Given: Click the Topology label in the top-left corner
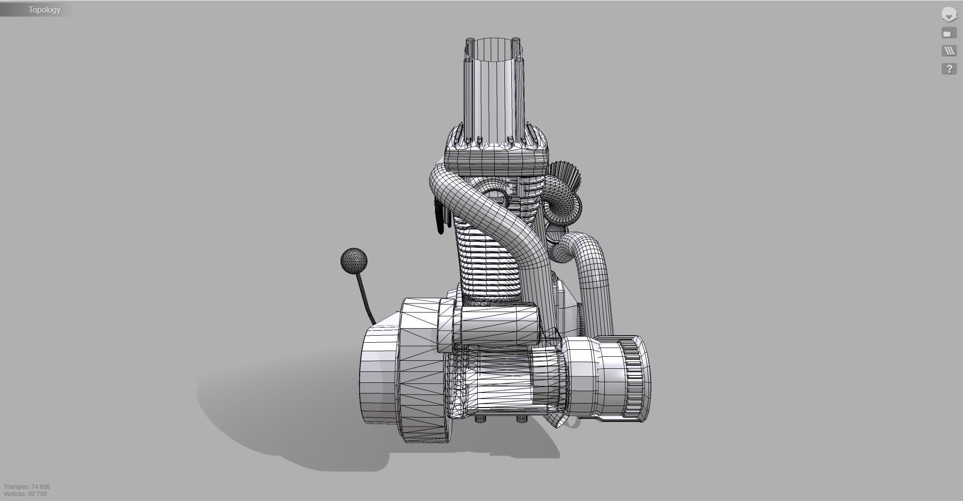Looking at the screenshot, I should (x=44, y=10).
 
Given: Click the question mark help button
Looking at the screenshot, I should (x=948, y=69).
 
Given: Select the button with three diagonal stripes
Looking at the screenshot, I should (x=948, y=51).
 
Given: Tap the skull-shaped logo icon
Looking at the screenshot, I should (x=948, y=15).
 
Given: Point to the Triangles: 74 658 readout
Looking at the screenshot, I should (x=27, y=486).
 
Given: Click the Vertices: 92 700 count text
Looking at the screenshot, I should (x=25, y=494).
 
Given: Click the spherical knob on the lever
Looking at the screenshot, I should (x=354, y=260).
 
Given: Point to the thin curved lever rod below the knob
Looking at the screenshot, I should (x=365, y=298).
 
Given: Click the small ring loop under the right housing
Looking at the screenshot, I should (x=573, y=422).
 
